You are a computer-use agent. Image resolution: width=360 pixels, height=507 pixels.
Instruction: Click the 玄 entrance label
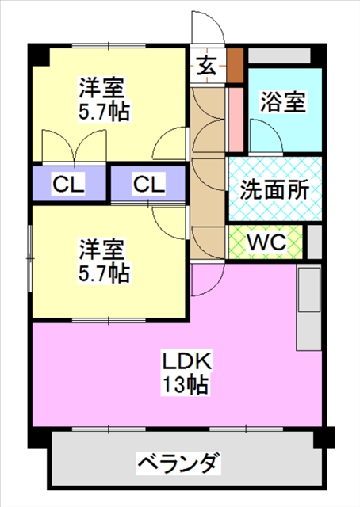(206, 66)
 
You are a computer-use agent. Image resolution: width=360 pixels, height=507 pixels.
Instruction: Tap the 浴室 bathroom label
(283, 102)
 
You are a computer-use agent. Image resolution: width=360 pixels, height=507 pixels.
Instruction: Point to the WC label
(266, 242)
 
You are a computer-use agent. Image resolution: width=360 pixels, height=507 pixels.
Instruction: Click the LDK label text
(187, 361)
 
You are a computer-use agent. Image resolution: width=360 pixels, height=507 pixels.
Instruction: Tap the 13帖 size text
(186, 383)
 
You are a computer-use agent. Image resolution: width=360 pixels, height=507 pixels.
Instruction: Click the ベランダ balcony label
(178, 463)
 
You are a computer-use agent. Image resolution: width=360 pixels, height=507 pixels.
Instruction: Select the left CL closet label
(68, 185)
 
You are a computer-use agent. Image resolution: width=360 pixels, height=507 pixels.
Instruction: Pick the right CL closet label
(149, 185)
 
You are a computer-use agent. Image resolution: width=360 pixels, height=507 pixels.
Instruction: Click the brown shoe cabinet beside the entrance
(235, 65)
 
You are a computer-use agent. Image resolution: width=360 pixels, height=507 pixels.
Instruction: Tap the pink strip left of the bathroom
(236, 120)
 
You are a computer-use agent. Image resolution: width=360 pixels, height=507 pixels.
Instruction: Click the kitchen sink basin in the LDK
(308, 290)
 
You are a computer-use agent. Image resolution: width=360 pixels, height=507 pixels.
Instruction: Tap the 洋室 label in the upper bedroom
(101, 88)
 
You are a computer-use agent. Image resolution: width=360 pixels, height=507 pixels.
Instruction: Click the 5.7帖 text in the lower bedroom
(104, 273)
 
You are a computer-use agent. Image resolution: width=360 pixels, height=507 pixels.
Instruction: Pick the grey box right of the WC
(314, 242)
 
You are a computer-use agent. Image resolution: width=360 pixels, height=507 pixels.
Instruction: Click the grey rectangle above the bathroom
(279, 55)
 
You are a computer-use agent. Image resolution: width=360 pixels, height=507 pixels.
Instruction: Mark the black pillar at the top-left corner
(39, 55)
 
